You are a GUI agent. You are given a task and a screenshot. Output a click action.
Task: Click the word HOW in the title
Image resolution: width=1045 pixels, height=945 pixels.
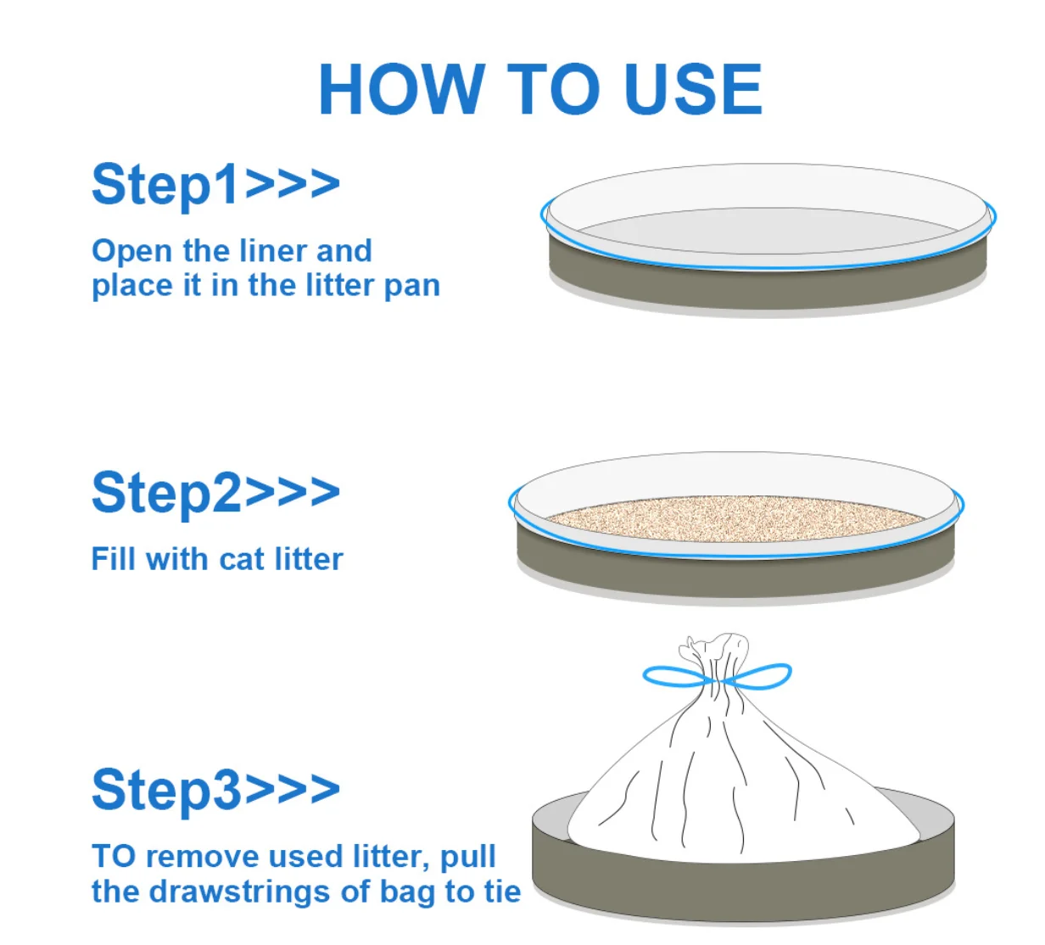point(402,88)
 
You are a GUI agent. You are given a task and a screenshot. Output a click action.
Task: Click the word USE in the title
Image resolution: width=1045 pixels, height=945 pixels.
point(695,88)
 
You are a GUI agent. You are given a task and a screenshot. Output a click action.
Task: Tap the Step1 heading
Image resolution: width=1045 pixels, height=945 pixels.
point(215,185)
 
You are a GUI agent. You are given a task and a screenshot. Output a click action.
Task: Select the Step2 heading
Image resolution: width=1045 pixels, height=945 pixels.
point(215,493)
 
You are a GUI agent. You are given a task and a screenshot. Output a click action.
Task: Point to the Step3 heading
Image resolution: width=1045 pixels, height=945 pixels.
point(215,789)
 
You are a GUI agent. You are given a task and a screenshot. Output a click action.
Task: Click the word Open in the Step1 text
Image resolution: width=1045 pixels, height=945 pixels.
point(131,252)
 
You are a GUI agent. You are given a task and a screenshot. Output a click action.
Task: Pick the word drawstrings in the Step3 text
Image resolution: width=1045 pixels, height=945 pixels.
point(240,892)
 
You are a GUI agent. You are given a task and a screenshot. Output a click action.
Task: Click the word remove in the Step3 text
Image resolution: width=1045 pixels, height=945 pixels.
point(204,858)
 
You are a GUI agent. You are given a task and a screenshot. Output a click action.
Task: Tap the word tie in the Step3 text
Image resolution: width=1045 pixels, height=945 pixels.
point(502,892)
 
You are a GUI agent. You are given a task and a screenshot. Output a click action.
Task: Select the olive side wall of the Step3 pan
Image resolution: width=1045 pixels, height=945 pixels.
point(743,886)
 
